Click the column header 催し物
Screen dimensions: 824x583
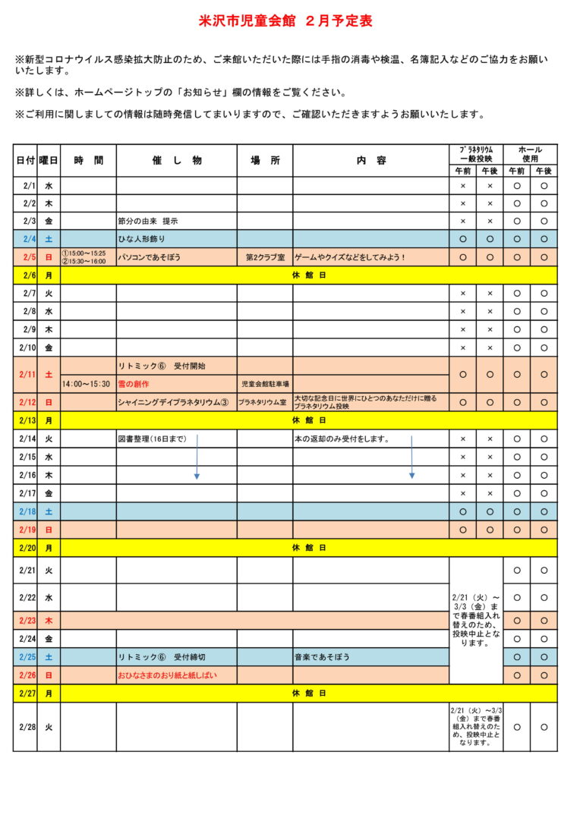click(177, 161)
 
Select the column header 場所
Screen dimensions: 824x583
click(265, 161)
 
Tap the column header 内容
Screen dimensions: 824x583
click(371, 161)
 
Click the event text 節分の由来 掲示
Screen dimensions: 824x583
click(148, 222)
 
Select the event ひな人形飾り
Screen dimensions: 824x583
click(143, 240)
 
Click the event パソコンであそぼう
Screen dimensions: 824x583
click(150, 258)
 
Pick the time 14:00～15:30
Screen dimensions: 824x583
click(87, 385)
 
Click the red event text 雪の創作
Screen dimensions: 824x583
click(134, 385)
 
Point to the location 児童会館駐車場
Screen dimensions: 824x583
click(265, 385)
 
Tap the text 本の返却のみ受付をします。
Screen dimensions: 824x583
click(342, 439)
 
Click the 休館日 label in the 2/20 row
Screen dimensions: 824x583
click(309, 547)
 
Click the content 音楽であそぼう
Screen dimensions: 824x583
click(323, 657)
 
